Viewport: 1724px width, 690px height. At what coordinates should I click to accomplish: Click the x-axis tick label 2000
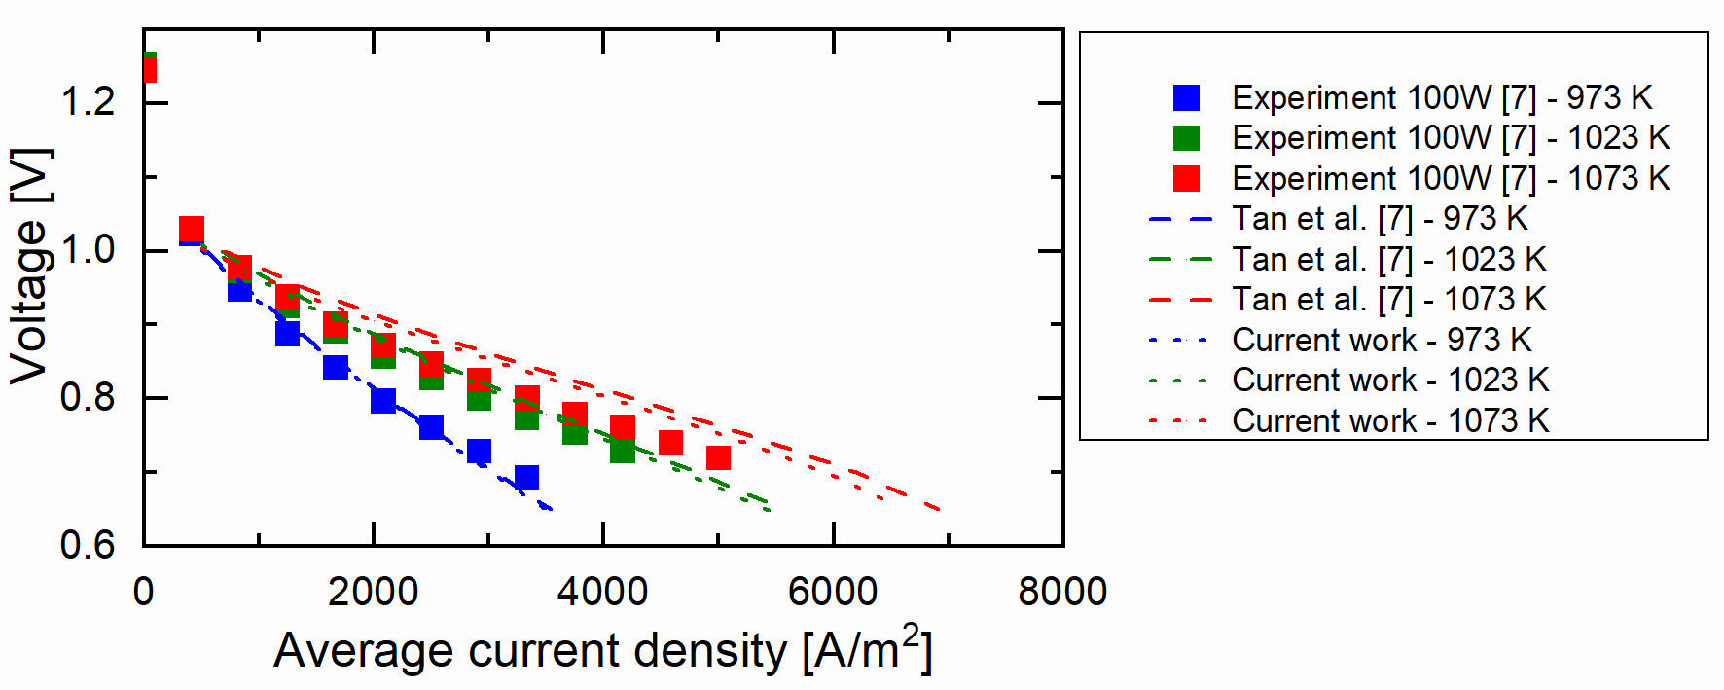[x=373, y=592]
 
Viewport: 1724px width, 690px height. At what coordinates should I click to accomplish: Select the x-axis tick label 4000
[x=602, y=592]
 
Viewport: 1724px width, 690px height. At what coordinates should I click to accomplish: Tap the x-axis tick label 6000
[x=833, y=592]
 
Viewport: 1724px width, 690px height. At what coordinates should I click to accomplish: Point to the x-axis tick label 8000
[x=1062, y=592]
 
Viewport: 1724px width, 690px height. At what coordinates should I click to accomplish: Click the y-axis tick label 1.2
[x=89, y=101]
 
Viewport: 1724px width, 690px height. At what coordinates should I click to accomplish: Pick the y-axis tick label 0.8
[x=89, y=397]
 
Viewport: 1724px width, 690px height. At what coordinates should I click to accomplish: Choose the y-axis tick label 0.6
[x=89, y=545]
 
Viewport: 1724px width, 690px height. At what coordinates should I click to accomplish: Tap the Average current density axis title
[x=603, y=650]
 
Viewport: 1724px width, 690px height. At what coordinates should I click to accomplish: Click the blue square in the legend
[x=1186, y=97]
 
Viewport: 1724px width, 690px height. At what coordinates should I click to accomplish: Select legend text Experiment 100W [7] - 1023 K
[x=1451, y=138]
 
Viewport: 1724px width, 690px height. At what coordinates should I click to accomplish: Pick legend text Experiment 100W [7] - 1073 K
[x=1451, y=179]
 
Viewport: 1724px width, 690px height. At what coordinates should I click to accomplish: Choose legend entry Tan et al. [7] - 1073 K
[x=1388, y=300]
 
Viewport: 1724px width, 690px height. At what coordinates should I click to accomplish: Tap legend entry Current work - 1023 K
[x=1390, y=381]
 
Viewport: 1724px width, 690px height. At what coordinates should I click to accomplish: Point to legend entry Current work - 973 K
[x=1382, y=341]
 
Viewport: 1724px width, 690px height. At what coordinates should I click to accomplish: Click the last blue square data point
[x=526, y=477]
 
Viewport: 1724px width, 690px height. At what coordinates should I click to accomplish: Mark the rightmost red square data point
[x=718, y=457]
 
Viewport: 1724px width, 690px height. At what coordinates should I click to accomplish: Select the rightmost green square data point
[x=623, y=451]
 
